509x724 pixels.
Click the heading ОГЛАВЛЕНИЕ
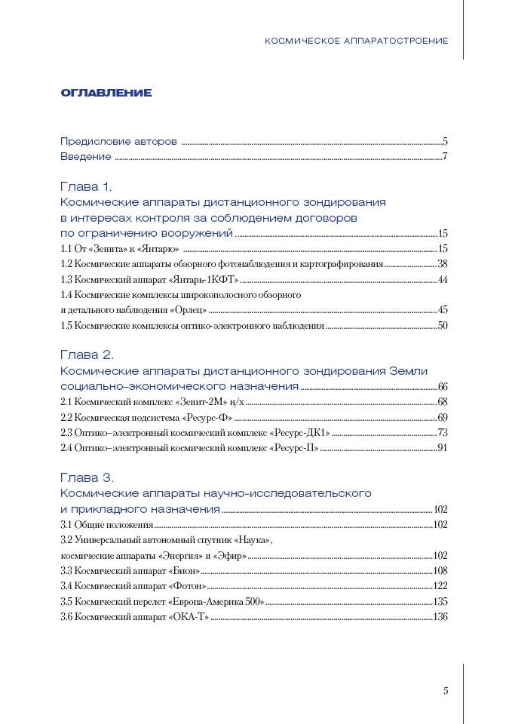106,94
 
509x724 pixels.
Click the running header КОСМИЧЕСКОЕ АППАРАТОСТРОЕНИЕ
356,40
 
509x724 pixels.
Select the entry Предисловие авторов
118,141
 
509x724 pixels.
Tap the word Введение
86,157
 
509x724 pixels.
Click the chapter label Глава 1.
86,187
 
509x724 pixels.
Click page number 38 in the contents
443,264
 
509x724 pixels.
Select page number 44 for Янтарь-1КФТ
443,280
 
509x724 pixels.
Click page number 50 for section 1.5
443,326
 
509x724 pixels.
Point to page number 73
443,433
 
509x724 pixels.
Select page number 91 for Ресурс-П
443,448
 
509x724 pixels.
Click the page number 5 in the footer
446,690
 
